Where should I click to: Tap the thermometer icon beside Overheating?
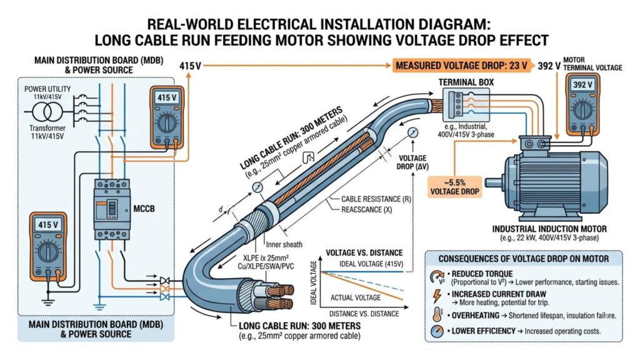(436, 314)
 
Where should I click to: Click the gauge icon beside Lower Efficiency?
(436, 331)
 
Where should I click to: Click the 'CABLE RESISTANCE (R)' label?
(375, 199)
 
